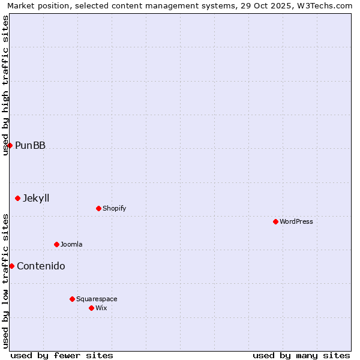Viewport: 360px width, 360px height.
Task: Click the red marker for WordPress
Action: (x=275, y=221)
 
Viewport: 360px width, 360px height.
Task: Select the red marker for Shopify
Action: (x=98, y=208)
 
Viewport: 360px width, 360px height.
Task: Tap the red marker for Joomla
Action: (x=56, y=244)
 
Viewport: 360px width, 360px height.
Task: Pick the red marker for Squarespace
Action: (x=72, y=299)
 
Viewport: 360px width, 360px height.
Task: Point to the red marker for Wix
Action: (x=91, y=308)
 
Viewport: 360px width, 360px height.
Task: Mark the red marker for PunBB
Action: (x=10, y=145)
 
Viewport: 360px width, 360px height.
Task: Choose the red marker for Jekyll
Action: (x=17, y=198)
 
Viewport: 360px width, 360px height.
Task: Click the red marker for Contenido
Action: (x=11, y=266)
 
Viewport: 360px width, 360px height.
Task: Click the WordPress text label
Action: (x=296, y=221)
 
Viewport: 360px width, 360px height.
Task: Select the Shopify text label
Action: (x=115, y=208)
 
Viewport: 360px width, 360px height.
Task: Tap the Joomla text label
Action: (x=71, y=244)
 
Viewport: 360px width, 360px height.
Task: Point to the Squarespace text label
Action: (x=97, y=299)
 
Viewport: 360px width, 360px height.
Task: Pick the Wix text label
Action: (x=101, y=308)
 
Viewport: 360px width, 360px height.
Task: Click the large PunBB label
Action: (x=30, y=145)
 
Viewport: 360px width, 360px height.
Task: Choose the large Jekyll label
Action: (x=36, y=198)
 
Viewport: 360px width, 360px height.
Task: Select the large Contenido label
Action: (x=41, y=266)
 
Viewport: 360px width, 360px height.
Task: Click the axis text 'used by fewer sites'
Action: (x=62, y=355)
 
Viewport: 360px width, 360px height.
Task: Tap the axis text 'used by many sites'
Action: (x=301, y=355)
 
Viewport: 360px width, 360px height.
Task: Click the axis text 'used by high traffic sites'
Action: (x=6, y=85)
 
